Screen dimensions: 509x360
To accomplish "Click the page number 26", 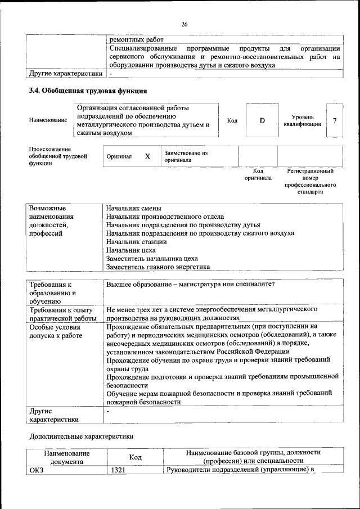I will [184, 24].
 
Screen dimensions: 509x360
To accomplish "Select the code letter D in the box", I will [262, 120].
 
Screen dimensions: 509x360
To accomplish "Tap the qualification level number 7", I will [335, 120].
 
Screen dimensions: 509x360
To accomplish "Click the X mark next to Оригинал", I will [147, 156].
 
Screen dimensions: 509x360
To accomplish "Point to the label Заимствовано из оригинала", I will [186, 156].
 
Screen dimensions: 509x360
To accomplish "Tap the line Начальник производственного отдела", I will [165, 217].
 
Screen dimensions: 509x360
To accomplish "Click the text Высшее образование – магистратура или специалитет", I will [190, 285].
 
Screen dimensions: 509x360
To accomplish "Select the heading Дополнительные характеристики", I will [82, 436].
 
